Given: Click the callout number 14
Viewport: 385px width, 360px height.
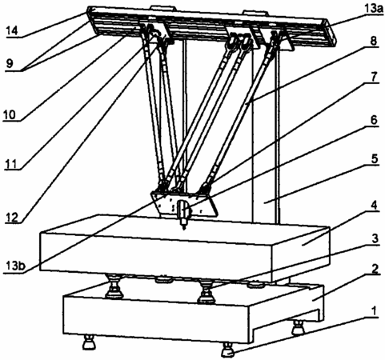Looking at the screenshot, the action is click(12, 31).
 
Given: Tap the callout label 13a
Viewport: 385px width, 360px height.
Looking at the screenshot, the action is click(374, 8).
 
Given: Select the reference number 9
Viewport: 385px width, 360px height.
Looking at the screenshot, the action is click(10, 64).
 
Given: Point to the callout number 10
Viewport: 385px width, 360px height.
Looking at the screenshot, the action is click(10, 115).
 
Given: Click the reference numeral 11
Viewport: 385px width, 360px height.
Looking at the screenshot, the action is click(11, 164).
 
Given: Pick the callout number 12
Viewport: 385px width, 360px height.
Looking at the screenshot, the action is click(12, 218).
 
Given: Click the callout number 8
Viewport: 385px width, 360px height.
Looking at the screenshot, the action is click(374, 41).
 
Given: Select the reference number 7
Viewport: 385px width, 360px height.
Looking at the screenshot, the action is click(374, 77).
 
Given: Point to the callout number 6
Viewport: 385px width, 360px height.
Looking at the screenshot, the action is click(374, 120).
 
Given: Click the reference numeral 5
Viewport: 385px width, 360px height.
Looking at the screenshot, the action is click(375, 158).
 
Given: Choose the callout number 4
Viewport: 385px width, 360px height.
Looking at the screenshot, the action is click(375, 206).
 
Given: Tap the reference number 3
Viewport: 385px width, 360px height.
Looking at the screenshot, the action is click(375, 238).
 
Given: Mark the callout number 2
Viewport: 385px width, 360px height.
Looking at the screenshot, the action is click(375, 269).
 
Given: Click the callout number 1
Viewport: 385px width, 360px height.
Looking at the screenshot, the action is click(375, 310).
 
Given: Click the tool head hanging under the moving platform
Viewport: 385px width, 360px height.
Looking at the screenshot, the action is click(184, 214).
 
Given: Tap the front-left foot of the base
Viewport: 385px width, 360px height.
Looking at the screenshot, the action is click(88, 342).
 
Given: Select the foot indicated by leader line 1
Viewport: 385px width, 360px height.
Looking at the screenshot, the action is click(227, 350).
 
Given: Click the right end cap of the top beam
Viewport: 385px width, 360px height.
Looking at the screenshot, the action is click(331, 33).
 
